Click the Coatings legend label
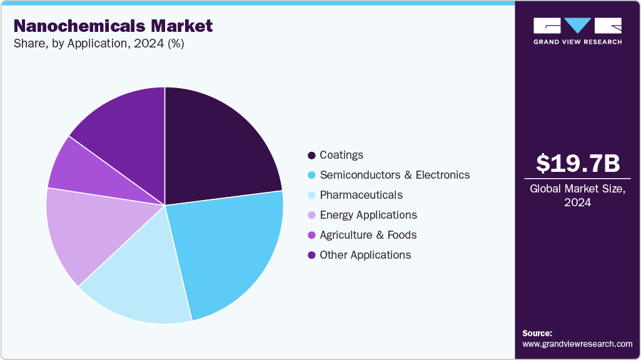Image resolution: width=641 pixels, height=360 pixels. [x=341, y=155]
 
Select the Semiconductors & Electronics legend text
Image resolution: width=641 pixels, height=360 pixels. [x=394, y=175]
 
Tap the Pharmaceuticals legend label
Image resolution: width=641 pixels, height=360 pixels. [x=361, y=195]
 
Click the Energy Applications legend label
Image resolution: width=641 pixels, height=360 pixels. [x=368, y=215]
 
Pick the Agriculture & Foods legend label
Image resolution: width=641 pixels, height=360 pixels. [x=368, y=235]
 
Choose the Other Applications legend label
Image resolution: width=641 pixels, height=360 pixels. [x=365, y=255]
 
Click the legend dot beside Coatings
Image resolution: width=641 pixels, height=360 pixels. [x=311, y=155]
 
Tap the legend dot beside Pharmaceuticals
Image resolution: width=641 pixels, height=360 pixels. [x=311, y=195]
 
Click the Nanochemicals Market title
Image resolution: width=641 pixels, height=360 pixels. [x=113, y=26]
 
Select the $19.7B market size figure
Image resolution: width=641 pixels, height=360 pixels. [x=578, y=163]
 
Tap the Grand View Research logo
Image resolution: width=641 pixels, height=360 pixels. [x=577, y=31]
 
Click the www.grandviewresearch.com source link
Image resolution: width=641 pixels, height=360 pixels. [x=577, y=344]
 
